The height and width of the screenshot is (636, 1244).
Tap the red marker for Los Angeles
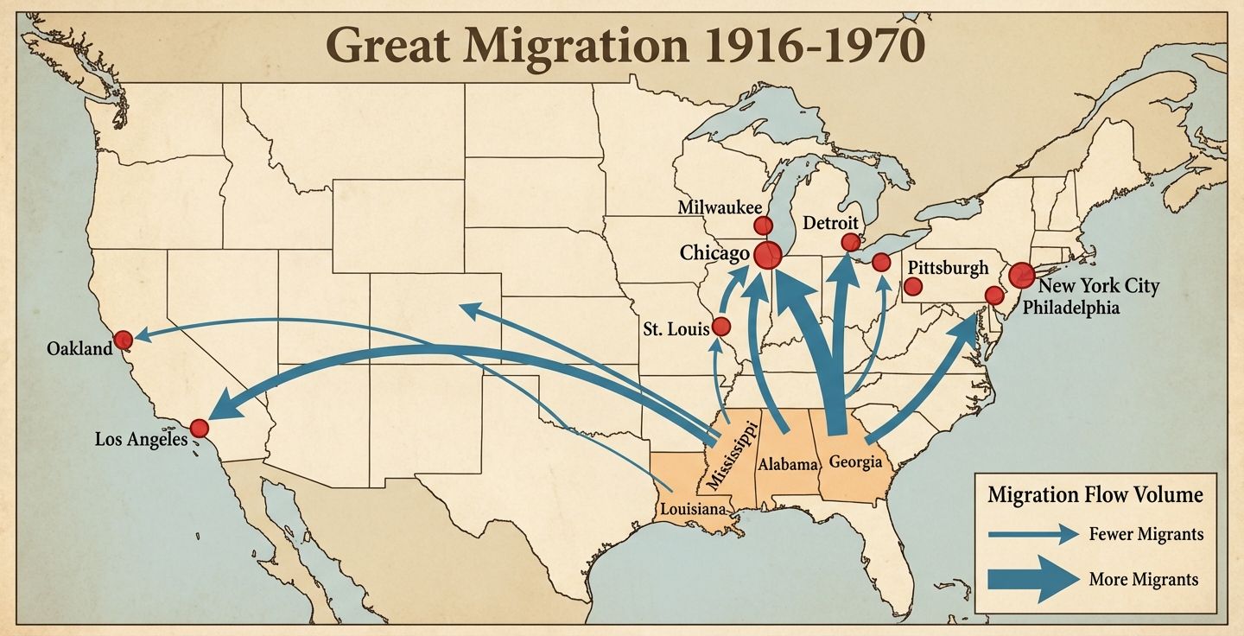(x=200, y=428)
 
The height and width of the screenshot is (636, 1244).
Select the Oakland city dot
(x=124, y=339)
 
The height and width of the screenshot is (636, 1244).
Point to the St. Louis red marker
(x=720, y=327)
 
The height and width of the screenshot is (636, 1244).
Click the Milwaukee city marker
(x=763, y=226)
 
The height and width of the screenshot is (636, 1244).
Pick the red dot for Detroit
(x=851, y=242)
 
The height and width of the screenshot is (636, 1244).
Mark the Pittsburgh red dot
(x=913, y=286)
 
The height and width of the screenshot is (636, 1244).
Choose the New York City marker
(x=1021, y=276)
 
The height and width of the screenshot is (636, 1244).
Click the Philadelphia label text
(x=1070, y=308)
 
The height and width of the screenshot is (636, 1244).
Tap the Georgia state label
(x=855, y=461)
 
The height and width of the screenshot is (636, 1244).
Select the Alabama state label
(x=787, y=464)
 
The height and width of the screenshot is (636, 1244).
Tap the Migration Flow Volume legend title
(x=1095, y=495)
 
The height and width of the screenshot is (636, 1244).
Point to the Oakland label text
(x=80, y=349)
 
